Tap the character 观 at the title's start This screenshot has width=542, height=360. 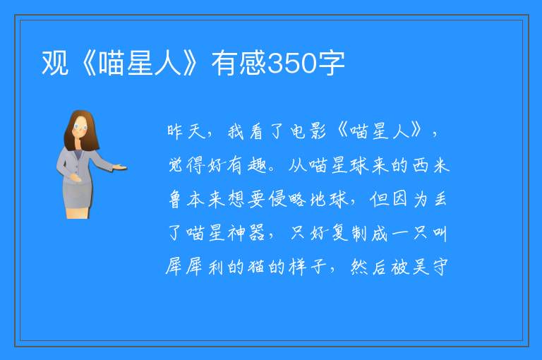[x=54, y=63]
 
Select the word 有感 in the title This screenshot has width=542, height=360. [x=239, y=63]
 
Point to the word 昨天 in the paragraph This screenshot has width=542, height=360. [x=186, y=132]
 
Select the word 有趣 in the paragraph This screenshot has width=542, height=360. [x=246, y=165]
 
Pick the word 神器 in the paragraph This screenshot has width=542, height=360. [x=246, y=233]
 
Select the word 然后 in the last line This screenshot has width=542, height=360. [x=369, y=267]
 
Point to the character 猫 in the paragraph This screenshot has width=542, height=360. [x=256, y=267]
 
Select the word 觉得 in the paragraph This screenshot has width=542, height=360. [x=186, y=165]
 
